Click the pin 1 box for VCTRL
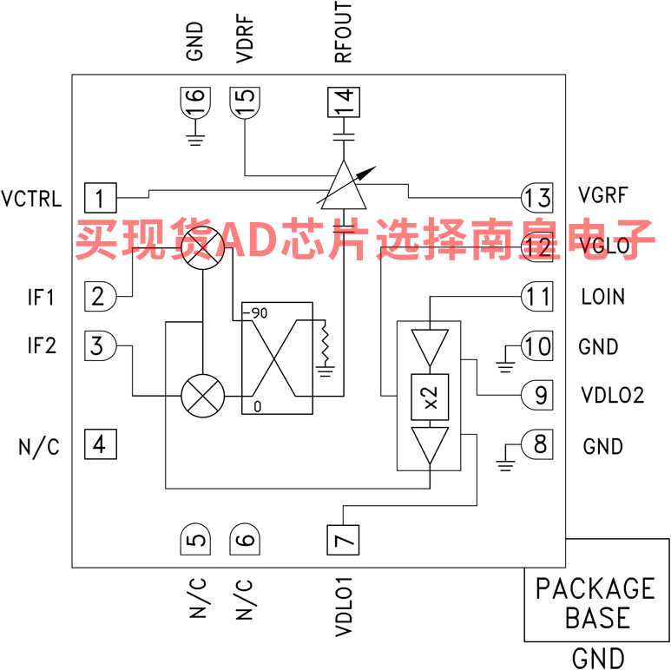[x=100, y=198]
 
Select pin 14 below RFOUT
[x=345, y=104]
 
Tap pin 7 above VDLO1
[x=345, y=542]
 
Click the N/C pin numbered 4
[x=100, y=445]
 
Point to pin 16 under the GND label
[x=196, y=104]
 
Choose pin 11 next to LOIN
[x=536, y=297]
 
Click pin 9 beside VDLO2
[x=538, y=396]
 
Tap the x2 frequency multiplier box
[x=430, y=397]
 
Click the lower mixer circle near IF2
[x=202, y=396]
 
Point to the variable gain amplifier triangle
[x=345, y=184]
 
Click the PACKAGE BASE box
[x=595, y=603]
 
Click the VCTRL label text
[x=31, y=198]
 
